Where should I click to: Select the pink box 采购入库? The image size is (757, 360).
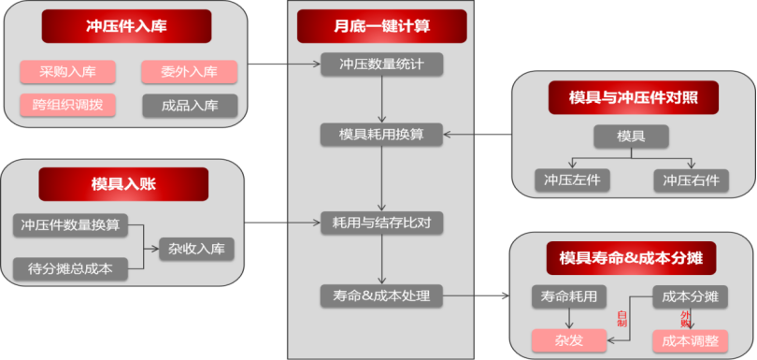67,72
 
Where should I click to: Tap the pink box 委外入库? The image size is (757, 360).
190,72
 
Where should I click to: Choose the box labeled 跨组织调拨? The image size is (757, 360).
67,105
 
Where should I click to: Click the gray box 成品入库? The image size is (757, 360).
190,105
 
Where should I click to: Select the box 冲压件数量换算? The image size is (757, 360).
71,225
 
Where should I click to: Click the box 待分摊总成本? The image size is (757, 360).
71,269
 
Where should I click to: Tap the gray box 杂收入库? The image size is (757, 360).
196,249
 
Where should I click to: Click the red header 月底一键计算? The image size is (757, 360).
381,26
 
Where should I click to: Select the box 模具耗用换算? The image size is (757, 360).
381,135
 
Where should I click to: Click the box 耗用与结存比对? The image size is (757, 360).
381,223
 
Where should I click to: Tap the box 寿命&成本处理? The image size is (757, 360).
381,296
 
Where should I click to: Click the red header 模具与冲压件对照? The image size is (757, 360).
631,95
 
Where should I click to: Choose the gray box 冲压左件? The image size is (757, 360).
572,180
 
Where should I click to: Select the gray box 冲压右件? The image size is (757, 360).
692,180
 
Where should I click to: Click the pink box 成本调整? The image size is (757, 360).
690,340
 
